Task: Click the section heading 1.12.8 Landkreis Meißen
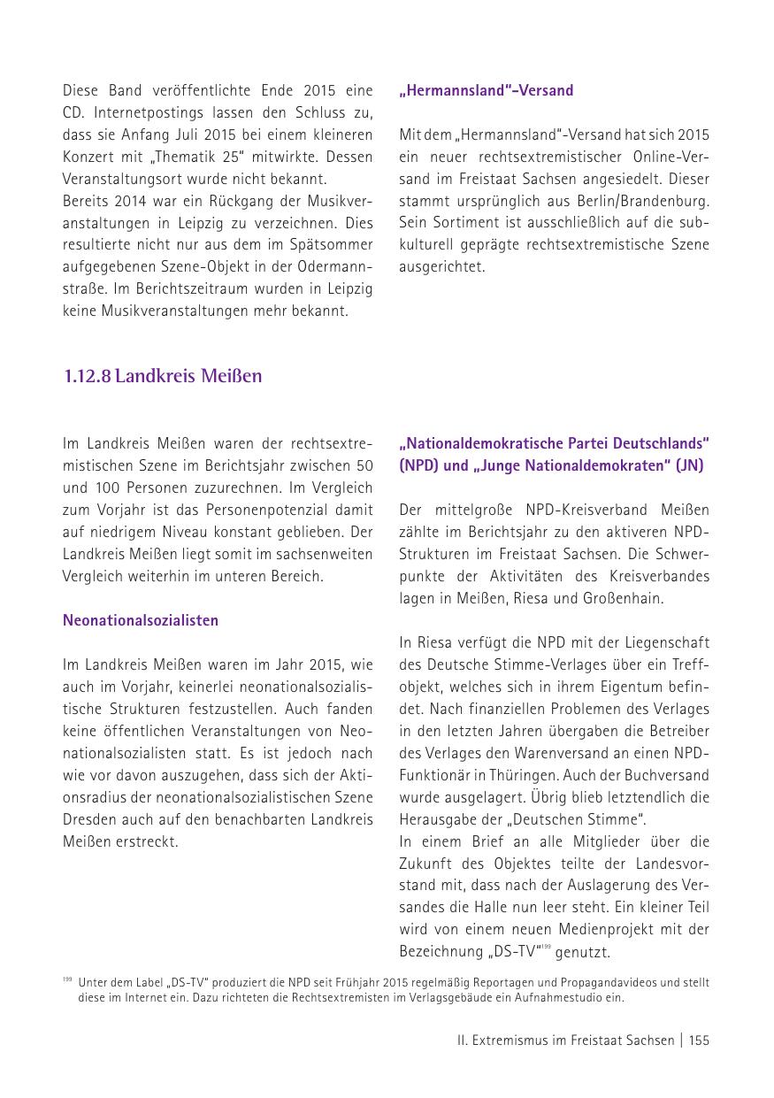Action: click(x=163, y=376)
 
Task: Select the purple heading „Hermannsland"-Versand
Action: click(x=486, y=90)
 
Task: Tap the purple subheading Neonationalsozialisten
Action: click(x=141, y=620)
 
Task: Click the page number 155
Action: click(x=699, y=1040)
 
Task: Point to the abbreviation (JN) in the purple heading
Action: click(x=689, y=465)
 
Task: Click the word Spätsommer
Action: click(x=337, y=244)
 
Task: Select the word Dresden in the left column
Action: click(x=89, y=819)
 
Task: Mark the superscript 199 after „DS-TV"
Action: click(x=547, y=948)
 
